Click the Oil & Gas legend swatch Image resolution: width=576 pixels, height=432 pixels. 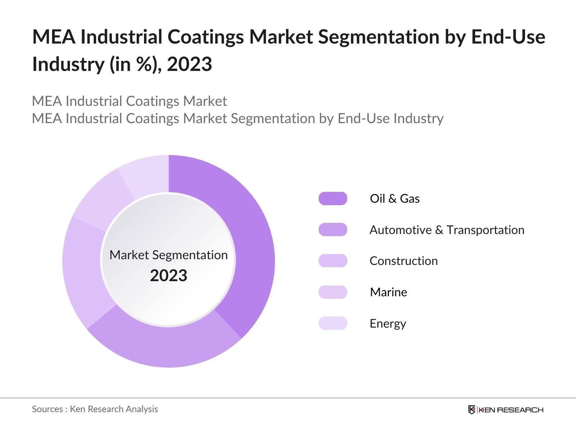(333, 198)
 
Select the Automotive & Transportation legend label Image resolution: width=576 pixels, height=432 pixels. (447, 230)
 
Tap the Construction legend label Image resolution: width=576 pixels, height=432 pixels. (404, 261)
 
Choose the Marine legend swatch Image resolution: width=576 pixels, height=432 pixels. (333, 292)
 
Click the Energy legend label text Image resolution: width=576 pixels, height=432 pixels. (388, 323)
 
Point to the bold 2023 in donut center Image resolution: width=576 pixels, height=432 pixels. (168, 276)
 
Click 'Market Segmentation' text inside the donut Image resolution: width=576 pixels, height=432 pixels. (168, 255)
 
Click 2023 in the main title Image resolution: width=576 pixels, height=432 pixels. (189, 64)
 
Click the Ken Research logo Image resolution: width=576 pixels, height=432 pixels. (505, 410)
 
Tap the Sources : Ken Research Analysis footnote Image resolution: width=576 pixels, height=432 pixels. (95, 409)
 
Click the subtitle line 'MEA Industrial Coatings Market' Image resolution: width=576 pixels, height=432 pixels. (129, 101)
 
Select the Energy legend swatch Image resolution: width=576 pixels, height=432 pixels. (333, 323)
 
